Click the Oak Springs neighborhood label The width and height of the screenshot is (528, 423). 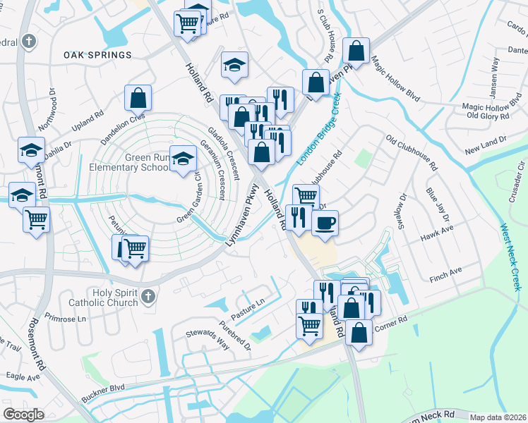(x=97, y=55)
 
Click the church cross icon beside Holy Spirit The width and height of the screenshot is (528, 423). (x=148, y=295)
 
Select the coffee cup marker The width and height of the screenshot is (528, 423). (x=325, y=223)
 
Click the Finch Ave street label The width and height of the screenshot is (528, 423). (x=445, y=270)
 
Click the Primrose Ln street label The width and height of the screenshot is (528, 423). (x=64, y=318)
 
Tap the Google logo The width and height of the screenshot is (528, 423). (x=23, y=415)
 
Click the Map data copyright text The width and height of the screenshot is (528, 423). (x=497, y=417)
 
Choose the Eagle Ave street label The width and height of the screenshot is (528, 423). (x=23, y=377)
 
